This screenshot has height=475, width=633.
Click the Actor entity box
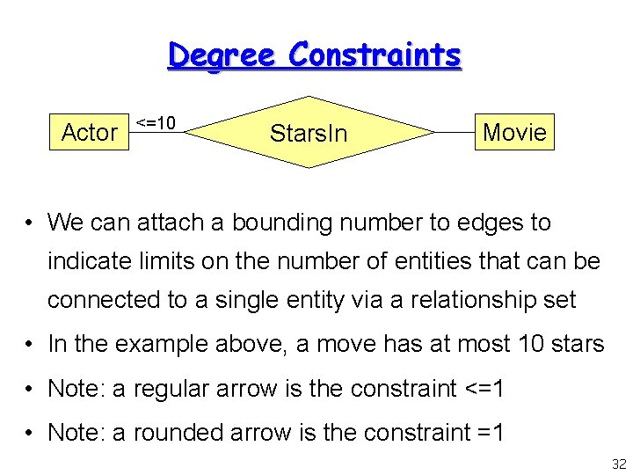(x=89, y=132)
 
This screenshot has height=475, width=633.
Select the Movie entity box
(x=514, y=132)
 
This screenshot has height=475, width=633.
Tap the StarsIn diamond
(x=309, y=133)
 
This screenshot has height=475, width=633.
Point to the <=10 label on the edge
(x=156, y=121)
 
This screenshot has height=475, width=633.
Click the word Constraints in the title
(x=375, y=55)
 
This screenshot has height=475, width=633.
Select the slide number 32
(x=619, y=464)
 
